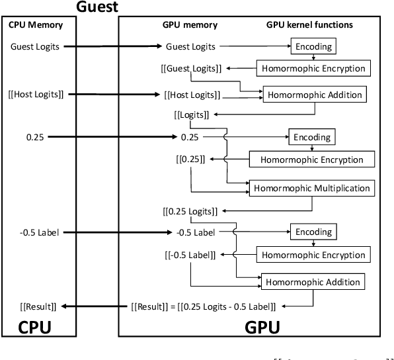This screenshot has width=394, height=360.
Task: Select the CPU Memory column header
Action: (x=36, y=26)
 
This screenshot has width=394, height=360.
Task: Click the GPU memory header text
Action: (x=190, y=26)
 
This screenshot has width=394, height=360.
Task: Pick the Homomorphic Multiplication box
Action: (x=311, y=188)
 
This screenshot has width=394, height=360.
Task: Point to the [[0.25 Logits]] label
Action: (x=190, y=211)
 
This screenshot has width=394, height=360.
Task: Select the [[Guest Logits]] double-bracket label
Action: (x=191, y=68)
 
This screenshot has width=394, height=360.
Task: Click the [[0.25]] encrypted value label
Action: (x=190, y=159)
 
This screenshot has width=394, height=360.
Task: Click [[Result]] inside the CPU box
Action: (x=38, y=306)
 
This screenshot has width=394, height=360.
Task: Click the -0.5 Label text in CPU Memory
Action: (x=40, y=232)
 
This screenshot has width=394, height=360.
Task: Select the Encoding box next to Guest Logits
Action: (x=314, y=46)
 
